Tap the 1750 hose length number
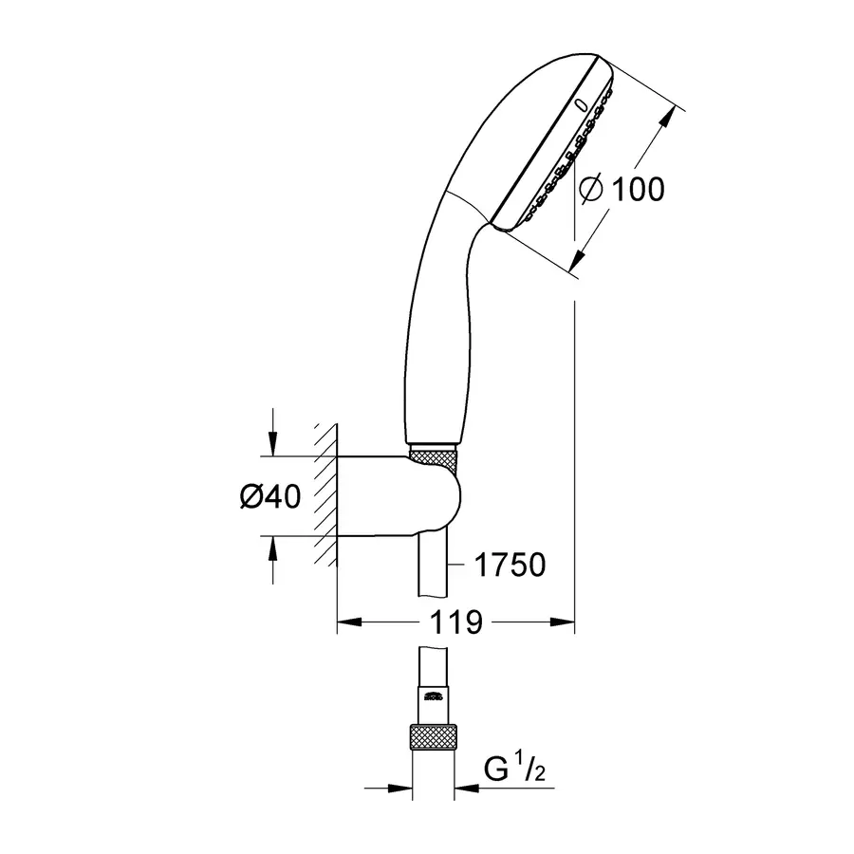click(x=510, y=565)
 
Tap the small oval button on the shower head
click(x=581, y=102)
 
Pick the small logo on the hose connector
click(x=433, y=698)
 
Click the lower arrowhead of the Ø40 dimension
click(x=272, y=548)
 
